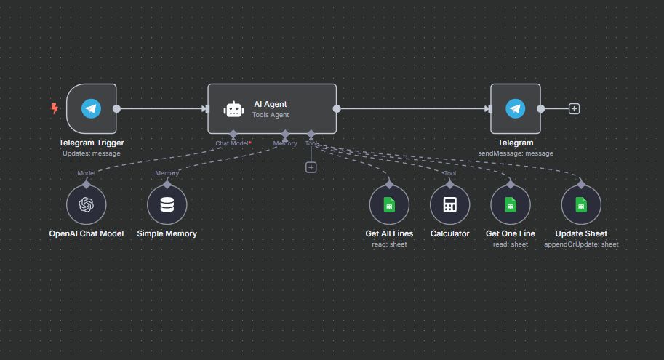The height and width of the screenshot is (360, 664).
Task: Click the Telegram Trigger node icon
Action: [91, 109]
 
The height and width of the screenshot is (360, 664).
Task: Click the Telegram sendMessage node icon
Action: [516, 109]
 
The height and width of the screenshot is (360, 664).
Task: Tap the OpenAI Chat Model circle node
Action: [87, 204]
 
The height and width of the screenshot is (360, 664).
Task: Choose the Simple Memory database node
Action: [167, 204]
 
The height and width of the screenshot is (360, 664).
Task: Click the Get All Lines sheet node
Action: [389, 204]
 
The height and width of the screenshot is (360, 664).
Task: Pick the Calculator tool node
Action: [449, 204]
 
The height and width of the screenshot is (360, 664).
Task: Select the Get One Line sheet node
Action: [510, 204]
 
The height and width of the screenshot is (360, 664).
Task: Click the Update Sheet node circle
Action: [581, 204]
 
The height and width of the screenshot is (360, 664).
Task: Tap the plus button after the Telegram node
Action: [574, 109]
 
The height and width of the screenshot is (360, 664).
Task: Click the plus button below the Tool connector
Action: [311, 167]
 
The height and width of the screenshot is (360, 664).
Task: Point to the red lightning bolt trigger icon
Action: [54, 109]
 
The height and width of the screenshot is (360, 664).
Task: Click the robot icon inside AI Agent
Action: [233, 109]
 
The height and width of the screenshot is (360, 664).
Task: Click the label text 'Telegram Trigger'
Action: [91, 143]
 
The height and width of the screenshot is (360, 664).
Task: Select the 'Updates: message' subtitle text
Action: [91, 153]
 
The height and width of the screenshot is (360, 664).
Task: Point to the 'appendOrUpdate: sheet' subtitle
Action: [581, 244]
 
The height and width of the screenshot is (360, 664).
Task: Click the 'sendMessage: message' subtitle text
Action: [516, 153]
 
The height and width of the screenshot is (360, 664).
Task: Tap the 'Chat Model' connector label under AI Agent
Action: [232, 143]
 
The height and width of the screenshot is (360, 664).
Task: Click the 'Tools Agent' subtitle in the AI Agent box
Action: [271, 115]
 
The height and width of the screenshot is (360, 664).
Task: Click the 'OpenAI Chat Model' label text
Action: [87, 233]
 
